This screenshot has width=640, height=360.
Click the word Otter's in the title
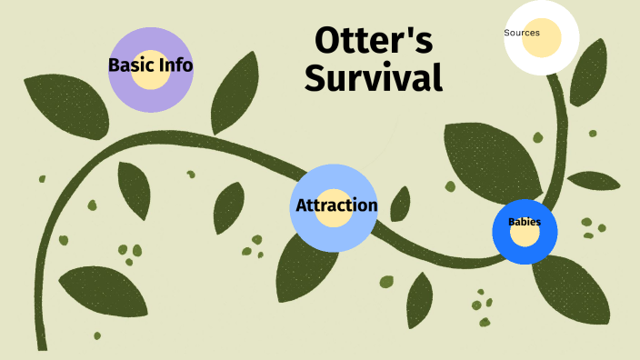coord(374,42)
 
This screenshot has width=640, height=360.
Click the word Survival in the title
coord(374,78)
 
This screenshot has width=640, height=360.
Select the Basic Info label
coord(150,65)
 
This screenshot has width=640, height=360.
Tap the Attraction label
coord(336,205)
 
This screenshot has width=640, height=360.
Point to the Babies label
coord(524,222)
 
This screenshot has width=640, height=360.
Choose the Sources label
coord(522,33)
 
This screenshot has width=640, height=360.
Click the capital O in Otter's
coord(327,42)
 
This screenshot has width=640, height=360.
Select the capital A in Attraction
coord(304,205)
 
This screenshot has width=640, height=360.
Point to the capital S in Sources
coord(506,33)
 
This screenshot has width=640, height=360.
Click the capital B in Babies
coord(511,222)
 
